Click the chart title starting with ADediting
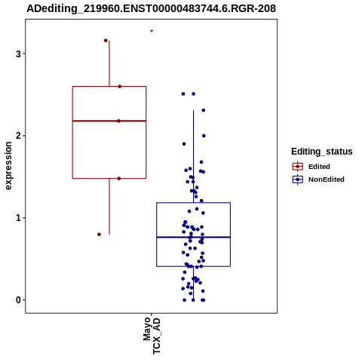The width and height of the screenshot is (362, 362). point(151,8)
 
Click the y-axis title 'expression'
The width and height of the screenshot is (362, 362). point(8,166)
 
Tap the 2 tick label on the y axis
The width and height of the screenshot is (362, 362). point(18,136)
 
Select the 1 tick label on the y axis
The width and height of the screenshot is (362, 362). point(18,218)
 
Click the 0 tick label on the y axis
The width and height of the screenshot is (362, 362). point(18,300)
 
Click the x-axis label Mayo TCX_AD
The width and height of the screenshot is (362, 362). point(152,336)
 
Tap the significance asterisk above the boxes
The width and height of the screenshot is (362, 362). point(152,32)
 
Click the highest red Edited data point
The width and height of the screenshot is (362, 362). point(106,41)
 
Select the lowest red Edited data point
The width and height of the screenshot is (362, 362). point(99,235)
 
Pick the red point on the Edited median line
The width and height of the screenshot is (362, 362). point(118,121)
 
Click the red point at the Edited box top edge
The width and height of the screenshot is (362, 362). point(120,87)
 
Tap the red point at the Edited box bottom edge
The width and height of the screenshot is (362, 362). point(119,179)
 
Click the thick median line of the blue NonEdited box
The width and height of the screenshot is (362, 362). point(193,237)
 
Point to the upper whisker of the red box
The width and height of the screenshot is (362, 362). point(109,63)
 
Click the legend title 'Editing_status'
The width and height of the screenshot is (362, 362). point(322,152)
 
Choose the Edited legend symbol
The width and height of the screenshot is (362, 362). point(298,167)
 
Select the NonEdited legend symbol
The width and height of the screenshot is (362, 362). point(298,179)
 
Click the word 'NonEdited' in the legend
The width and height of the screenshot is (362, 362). point(327,179)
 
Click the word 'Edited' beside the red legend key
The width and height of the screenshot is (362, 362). point(319,167)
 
